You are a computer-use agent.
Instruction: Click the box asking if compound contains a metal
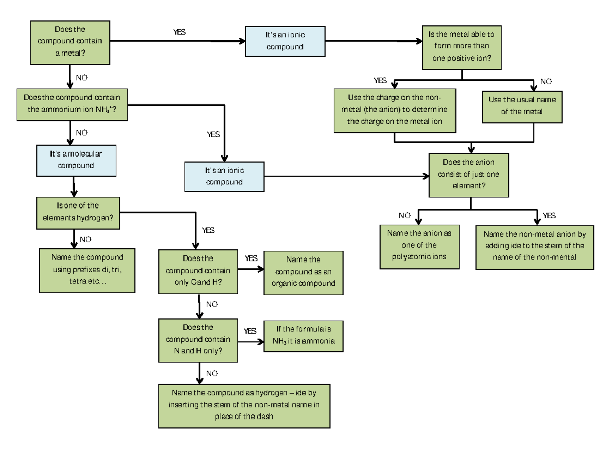tap(70, 43)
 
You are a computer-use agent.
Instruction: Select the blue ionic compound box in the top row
tap(285, 41)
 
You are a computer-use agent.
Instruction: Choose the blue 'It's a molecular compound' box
tap(76, 161)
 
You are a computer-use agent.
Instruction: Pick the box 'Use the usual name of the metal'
tap(522, 106)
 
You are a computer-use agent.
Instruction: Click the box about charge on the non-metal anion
tap(394, 110)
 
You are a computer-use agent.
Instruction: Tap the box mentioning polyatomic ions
tap(419, 245)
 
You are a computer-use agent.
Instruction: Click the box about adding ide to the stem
tap(534, 246)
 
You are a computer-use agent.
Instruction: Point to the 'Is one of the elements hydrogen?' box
tap(78, 213)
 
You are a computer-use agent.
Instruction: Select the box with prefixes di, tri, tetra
tap(87, 270)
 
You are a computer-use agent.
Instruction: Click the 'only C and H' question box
tap(198, 271)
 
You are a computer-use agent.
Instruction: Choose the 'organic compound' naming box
tap(303, 272)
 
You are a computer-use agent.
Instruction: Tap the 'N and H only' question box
tap(198, 340)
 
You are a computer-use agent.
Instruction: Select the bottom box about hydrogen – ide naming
tap(243, 405)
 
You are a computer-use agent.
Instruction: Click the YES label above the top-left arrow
tap(179, 32)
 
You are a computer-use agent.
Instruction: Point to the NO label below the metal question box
tap(82, 78)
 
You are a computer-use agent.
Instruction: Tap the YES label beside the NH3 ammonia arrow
tap(250, 331)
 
